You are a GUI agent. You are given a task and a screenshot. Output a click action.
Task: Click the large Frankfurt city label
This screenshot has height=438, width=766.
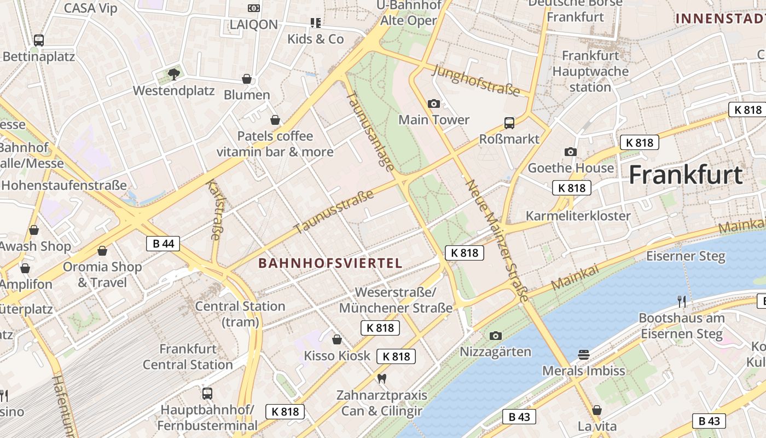686,175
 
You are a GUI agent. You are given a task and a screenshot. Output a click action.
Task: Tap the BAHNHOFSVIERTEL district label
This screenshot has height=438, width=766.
330,263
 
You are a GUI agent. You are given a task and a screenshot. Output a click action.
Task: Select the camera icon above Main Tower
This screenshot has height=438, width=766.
433,103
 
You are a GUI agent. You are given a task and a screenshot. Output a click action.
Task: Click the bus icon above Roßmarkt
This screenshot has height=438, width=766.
509,123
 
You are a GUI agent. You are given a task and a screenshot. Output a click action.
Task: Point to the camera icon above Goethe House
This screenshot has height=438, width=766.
570,152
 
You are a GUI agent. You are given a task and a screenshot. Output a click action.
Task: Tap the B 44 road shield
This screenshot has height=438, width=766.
163,244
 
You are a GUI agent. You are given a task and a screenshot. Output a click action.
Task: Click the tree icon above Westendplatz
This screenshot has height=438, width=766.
174,74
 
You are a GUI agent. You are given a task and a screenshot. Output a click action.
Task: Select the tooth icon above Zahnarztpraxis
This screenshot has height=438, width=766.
382,378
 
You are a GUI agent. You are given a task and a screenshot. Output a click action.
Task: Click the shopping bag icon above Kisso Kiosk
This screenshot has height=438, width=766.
337,339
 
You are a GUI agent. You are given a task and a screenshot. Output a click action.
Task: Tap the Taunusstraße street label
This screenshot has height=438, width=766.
334,211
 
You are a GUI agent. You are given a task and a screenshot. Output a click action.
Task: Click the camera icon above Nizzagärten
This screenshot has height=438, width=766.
495,336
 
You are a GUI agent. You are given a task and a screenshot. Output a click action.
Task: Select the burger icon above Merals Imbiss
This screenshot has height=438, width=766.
583,355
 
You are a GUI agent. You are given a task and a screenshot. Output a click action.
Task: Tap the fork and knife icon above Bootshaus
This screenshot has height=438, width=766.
681,301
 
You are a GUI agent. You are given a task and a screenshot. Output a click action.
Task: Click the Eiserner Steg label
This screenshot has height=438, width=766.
686,256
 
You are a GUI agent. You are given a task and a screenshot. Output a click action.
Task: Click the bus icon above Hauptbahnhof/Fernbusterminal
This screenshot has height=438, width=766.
207,393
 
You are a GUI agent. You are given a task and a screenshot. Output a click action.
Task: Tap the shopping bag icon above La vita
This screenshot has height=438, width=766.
597,410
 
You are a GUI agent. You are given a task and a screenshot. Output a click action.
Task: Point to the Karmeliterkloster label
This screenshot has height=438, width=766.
578,216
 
